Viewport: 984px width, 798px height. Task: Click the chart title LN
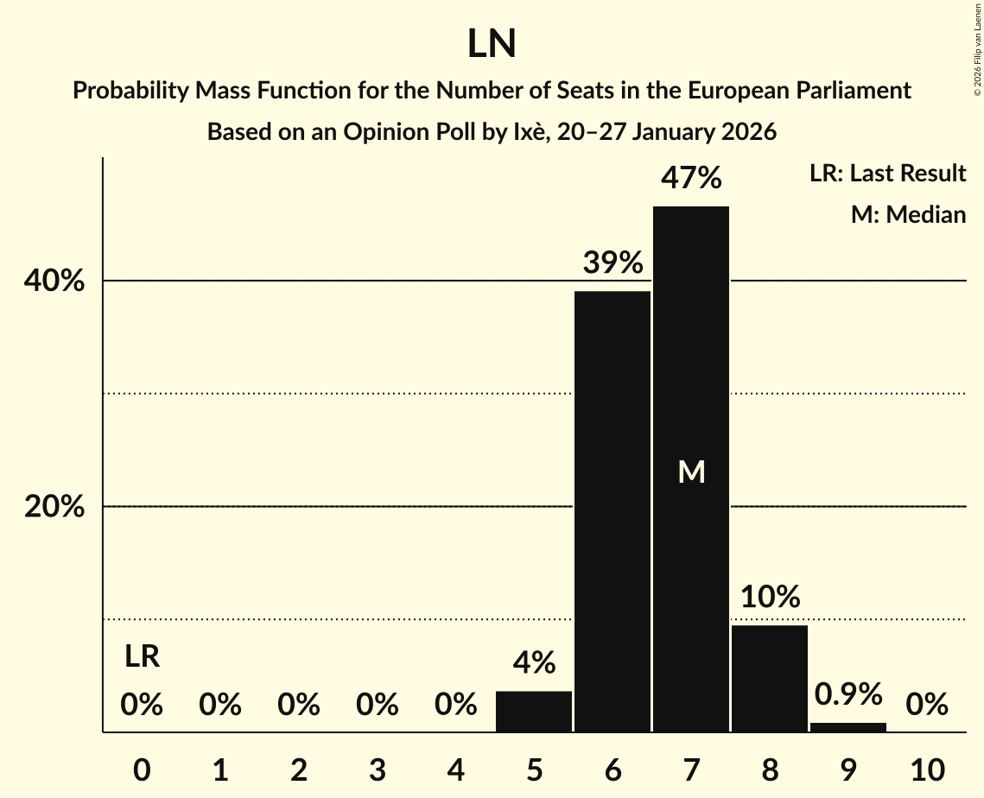(x=492, y=44)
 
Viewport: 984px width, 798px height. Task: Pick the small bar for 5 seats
(x=534, y=712)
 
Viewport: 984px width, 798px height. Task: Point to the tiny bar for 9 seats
(x=848, y=727)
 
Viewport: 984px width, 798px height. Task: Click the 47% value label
(x=691, y=179)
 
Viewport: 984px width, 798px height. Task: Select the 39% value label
(x=613, y=263)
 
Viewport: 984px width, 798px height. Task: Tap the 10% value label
(x=770, y=597)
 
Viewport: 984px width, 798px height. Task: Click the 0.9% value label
(x=848, y=693)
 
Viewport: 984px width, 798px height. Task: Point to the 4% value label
(x=534, y=662)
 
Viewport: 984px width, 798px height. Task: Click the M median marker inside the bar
(x=691, y=472)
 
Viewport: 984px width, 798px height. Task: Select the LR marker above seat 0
(x=142, y=657)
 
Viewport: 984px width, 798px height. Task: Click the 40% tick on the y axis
(x=54, y=282)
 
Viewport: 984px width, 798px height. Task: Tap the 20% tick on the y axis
(x=54, y=507)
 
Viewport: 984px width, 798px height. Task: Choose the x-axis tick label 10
(x=927, y=769)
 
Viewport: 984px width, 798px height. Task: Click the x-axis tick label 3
(x=377, y=769)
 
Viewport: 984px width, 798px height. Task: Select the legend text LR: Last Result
(x=887, y=174)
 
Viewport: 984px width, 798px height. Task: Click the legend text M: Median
(x=908, y=214)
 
